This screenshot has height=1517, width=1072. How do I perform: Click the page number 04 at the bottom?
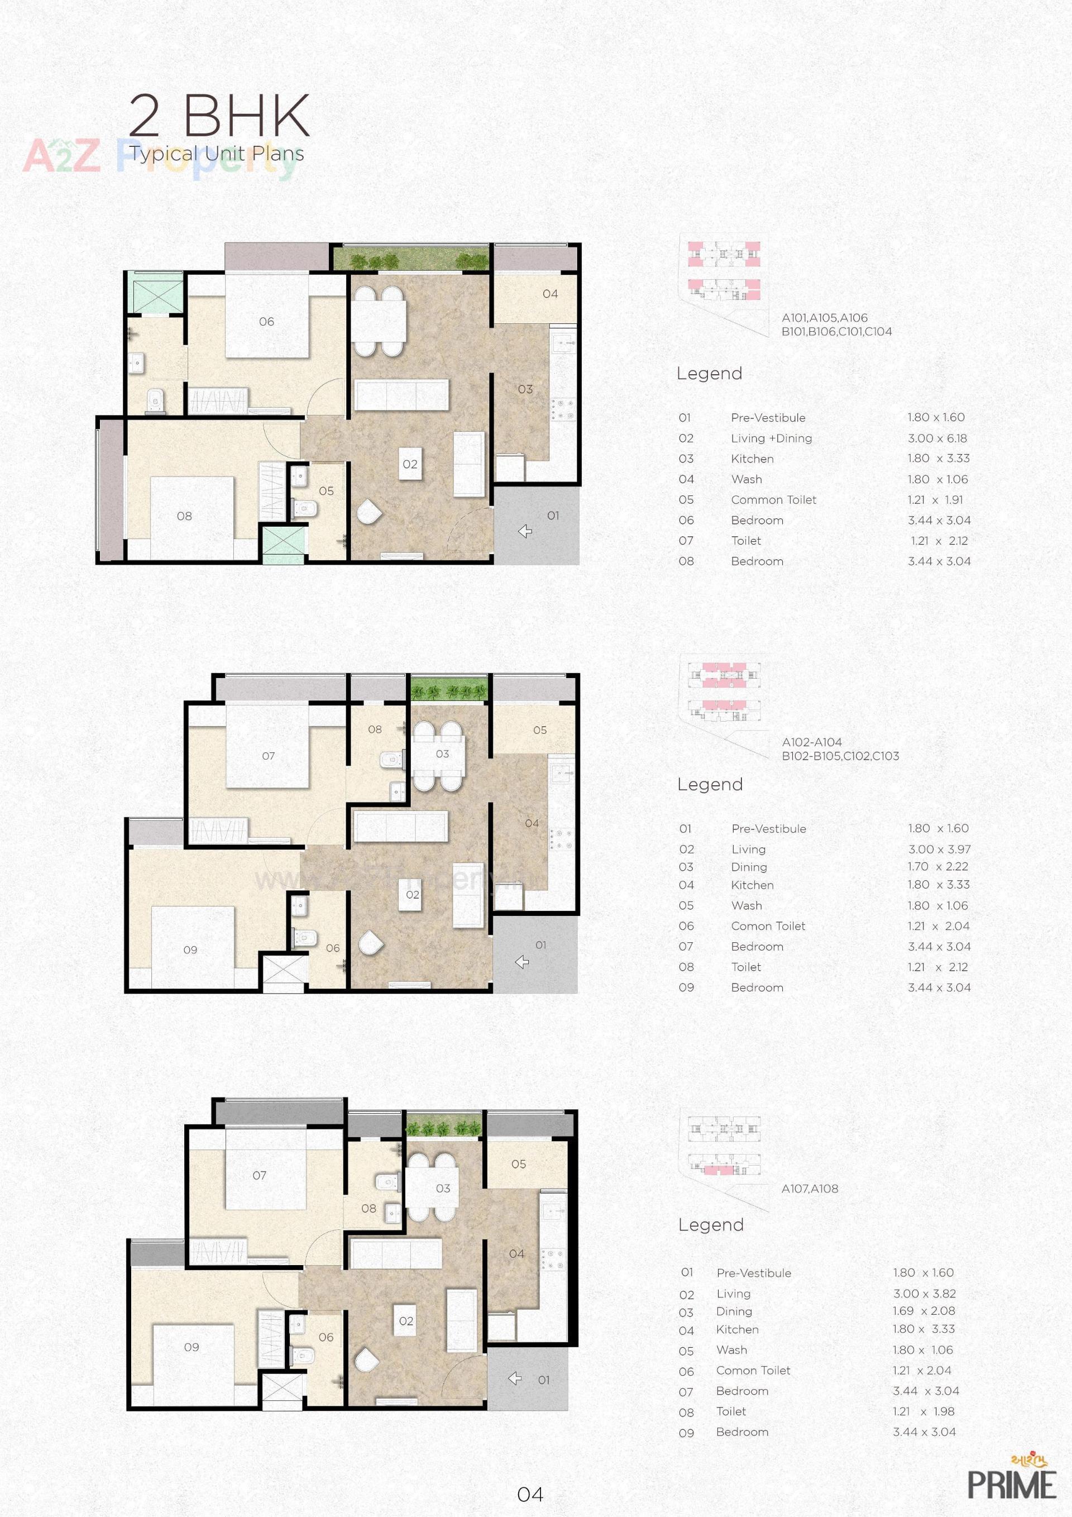pos(530,1494)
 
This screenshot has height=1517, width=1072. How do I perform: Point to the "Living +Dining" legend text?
pos(771,438)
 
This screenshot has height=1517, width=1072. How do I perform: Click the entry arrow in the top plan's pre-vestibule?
pos(525,531)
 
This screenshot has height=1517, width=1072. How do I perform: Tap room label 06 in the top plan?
pos(266,322)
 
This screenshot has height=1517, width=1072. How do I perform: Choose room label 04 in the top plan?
pos(549,294)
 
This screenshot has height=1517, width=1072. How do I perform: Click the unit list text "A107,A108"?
pos(809,1189)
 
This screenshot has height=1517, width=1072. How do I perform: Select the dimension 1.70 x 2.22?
pos(937,866)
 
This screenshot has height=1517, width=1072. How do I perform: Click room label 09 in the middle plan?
pos(190,950)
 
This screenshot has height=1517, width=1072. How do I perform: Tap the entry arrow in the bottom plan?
pos(515,1379)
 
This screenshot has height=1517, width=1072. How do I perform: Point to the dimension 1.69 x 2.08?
pos(924,1311)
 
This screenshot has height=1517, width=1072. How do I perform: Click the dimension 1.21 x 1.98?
pos(923,1411)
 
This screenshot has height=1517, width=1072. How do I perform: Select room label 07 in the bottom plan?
pos(260,1175)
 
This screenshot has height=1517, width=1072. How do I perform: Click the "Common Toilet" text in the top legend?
pos(773,500)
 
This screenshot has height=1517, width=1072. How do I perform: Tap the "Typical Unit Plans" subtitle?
pos(217,154)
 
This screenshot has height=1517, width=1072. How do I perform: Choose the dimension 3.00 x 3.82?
pos(924,1294)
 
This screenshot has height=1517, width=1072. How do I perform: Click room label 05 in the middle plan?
pos(540,730)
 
